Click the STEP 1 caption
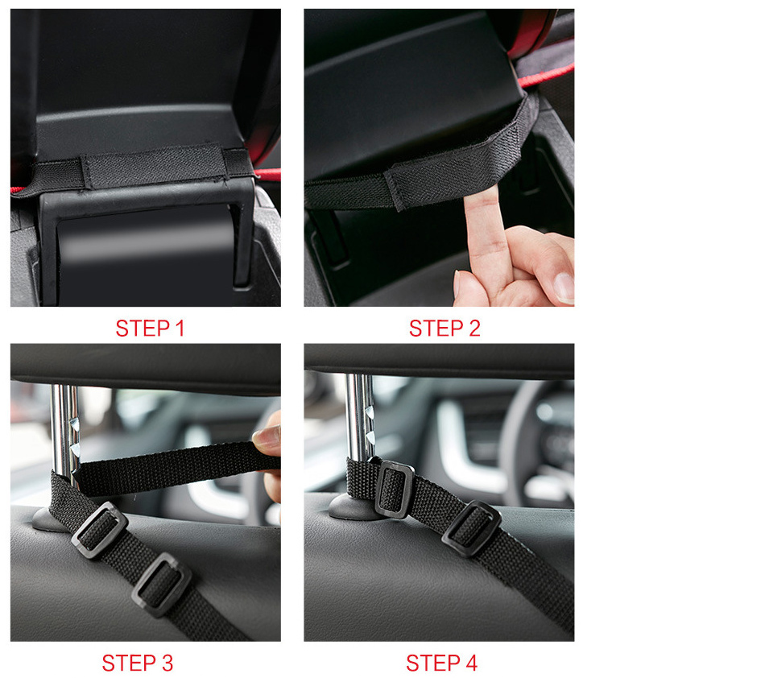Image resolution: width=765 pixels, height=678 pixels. click(150, 329)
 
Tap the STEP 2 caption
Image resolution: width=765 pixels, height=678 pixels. click(445, 329)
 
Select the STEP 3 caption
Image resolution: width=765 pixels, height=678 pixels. click(138, 664)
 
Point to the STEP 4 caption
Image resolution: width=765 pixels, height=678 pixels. click(441, 664)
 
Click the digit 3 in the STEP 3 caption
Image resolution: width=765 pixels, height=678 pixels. click(167, 664)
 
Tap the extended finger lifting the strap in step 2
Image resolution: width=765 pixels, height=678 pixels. click(485, 239)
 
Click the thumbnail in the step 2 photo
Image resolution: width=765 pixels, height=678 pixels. click(564, 287)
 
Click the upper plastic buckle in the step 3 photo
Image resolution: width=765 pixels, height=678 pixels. click(100, 530)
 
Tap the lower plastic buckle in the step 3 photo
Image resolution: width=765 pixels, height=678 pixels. click(162, 585)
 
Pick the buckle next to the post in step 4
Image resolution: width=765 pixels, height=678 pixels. click(395, 490)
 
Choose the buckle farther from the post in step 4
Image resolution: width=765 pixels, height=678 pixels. click(471, 529)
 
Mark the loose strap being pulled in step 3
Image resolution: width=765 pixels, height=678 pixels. click(176, 467)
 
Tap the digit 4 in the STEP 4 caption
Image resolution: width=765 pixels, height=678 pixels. click(471, 664)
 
